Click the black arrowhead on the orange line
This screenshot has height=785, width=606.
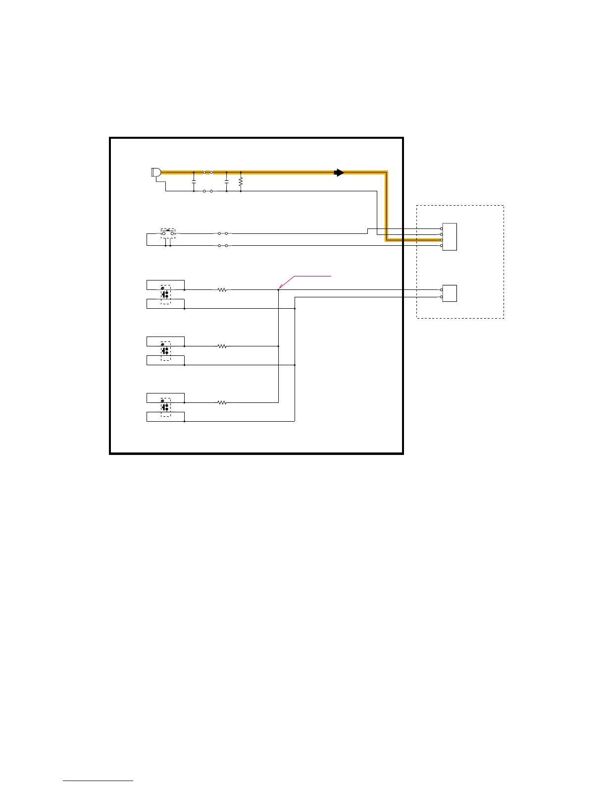point(339,172)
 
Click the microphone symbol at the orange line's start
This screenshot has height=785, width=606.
point(155,172)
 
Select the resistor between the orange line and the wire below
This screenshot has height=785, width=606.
point(241,182)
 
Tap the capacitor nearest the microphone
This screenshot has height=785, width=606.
point(194,182)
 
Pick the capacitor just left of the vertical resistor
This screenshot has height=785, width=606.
point(226,182)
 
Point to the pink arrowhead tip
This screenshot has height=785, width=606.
point(280,288)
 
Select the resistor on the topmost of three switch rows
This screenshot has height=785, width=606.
point(222,290)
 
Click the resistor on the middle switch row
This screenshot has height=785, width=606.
point(222,346)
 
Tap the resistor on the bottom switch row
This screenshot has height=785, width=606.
point(222,403)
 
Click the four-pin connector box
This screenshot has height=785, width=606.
point(450,237)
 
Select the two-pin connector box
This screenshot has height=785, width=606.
point(450,293)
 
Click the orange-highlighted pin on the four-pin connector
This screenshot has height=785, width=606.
point(441,240)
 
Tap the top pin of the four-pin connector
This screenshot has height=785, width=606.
point(441,228)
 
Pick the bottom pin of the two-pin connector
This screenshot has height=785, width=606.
point(441,297)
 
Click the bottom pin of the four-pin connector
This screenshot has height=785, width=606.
point(441,246)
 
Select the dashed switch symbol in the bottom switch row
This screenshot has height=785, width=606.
point(165,407)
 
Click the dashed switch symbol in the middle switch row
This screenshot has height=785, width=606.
point(165,350)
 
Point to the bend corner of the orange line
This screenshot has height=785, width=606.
point(386,173)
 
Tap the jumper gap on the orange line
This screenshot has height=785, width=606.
point(208,172)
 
